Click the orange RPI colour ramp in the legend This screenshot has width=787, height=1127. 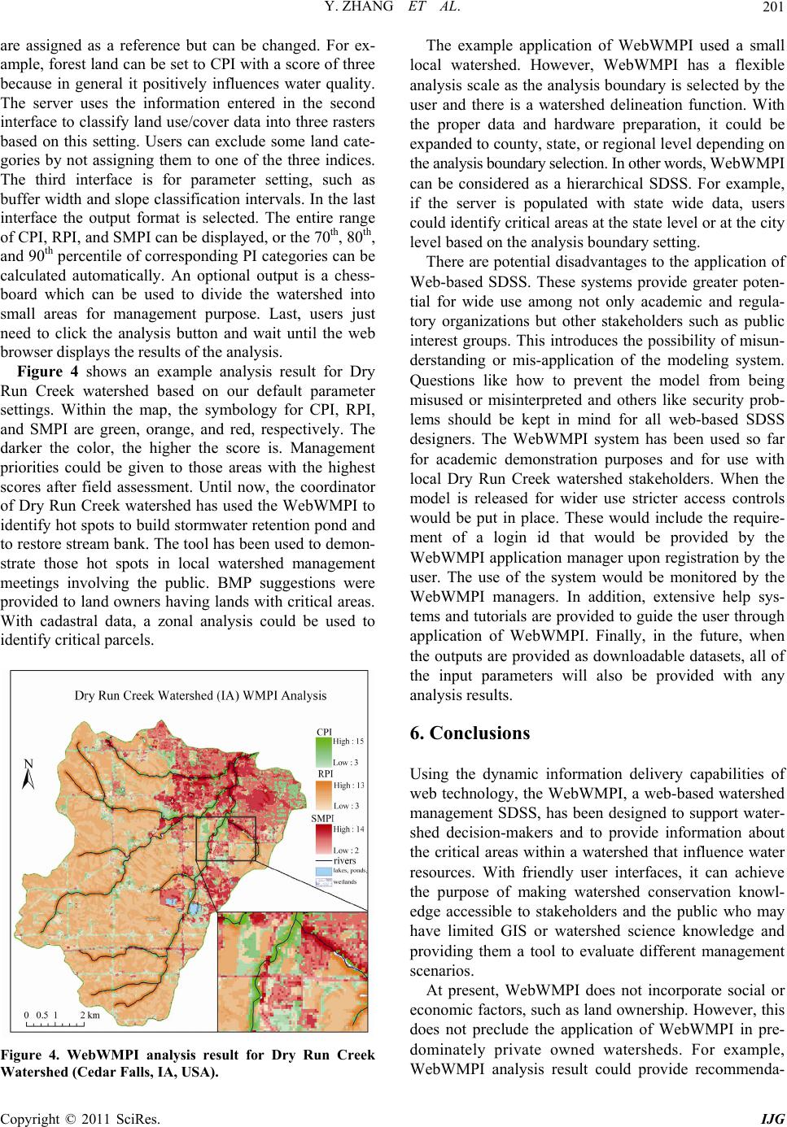point(324,795)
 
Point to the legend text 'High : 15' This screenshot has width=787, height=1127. point(348,742)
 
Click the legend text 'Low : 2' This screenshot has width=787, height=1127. point(347,850)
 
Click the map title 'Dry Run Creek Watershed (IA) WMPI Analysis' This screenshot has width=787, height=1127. point(200,695)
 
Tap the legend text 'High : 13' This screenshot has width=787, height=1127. point(348,785)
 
